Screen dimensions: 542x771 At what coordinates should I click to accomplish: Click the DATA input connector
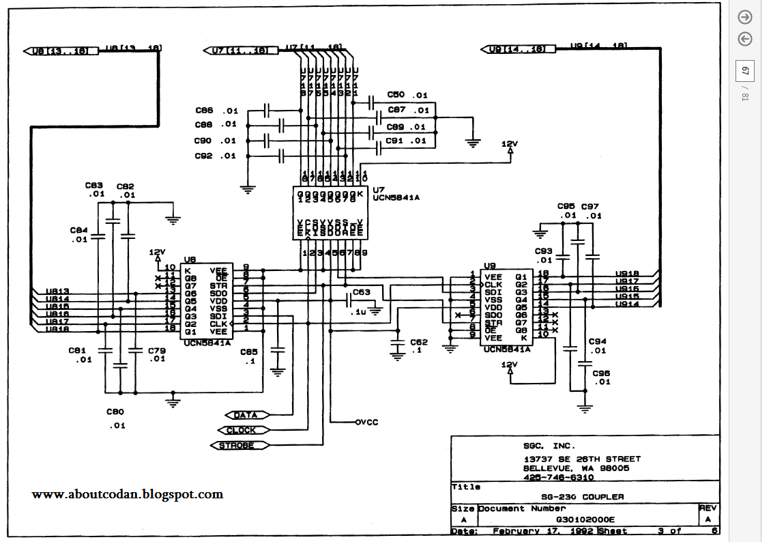coord(245,415)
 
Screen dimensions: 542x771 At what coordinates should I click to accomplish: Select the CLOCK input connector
coord(242,430)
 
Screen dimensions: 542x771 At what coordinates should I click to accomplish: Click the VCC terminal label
coord(366,423)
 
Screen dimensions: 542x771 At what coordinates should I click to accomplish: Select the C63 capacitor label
coord(362,292)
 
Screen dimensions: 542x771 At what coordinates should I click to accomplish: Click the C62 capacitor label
coord(419,342)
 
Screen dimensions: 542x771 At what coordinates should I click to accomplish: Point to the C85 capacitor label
coord(249,352)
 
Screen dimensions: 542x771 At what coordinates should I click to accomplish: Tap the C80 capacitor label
coord(116,412)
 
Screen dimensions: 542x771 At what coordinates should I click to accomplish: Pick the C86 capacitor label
coord(204,110)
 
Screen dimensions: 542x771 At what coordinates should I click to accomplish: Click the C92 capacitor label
coord(204,156)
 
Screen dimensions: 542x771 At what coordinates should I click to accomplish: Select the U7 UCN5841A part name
coord(396,197)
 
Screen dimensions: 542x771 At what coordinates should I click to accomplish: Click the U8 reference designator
coord(190,260)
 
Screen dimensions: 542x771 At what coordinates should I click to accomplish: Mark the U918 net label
coord(627,273)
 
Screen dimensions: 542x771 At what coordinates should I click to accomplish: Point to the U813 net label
coord(57,291)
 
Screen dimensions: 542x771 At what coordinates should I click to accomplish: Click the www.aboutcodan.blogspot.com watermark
coord(128,494)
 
